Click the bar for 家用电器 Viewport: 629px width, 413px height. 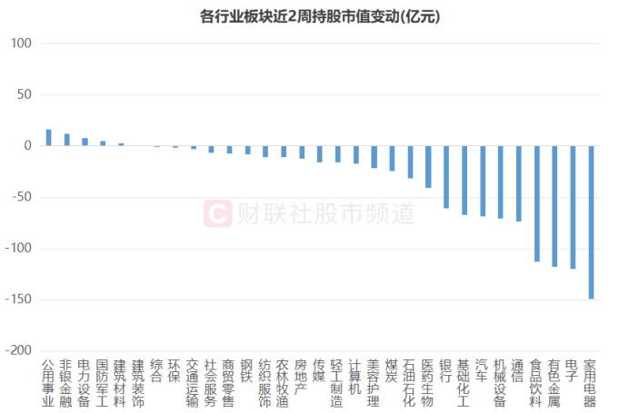pyautogui.click(x=592, y=222)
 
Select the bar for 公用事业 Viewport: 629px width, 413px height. pyautogui.click(x=49, y=138)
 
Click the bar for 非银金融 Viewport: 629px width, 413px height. pyautogui.click(x=66, y=140)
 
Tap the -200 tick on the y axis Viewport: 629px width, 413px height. pyautogui.click(x=19, y=350)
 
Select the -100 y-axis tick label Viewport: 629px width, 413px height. pyautogui.click(x=19, y=248)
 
